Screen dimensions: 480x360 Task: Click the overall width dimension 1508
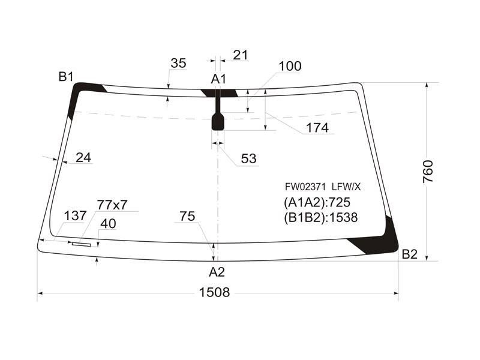(214, 292)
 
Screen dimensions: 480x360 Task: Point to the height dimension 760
(428, 172)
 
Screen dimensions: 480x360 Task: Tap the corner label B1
(66, 77)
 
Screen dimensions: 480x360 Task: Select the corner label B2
(410, 254)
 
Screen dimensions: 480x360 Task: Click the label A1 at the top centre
(218, 79)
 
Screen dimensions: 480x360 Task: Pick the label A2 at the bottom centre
(217, 272)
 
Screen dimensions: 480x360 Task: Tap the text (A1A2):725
(317, 202)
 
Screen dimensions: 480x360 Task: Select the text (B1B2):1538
(321, 217)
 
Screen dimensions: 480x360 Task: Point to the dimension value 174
(317, 128)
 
